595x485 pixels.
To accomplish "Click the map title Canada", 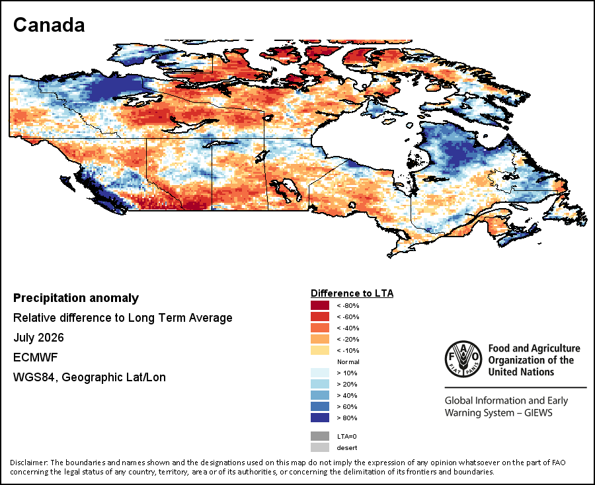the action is (49, 25).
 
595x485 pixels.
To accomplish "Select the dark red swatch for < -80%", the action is (320, 306).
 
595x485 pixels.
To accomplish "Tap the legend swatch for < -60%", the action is (320, 317).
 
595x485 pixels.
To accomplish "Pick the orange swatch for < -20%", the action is (320, 339).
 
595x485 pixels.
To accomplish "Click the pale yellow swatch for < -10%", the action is (320, 350).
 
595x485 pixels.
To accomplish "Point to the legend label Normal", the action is (348, 361).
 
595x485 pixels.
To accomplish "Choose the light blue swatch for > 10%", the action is (320, 373).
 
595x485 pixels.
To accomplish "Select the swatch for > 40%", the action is (320, 395).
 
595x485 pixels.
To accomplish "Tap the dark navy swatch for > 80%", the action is (320, 418).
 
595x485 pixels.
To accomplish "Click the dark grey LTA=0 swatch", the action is (320, 437).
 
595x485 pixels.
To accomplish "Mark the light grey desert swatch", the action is (320, 447).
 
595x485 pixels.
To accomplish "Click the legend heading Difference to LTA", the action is (352, 293).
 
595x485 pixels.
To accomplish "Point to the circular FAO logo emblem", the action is (463, 359).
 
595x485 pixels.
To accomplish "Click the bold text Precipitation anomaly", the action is (76, 299).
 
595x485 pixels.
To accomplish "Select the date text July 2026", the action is (38, 338).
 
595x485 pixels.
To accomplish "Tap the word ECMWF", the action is (35, 357).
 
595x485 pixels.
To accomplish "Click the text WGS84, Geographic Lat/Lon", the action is (89, 378).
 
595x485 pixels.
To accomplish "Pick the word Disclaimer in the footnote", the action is (28, 463).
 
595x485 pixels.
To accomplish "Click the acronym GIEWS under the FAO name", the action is (538, 413).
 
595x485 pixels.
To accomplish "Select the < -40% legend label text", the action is (348, 328).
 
